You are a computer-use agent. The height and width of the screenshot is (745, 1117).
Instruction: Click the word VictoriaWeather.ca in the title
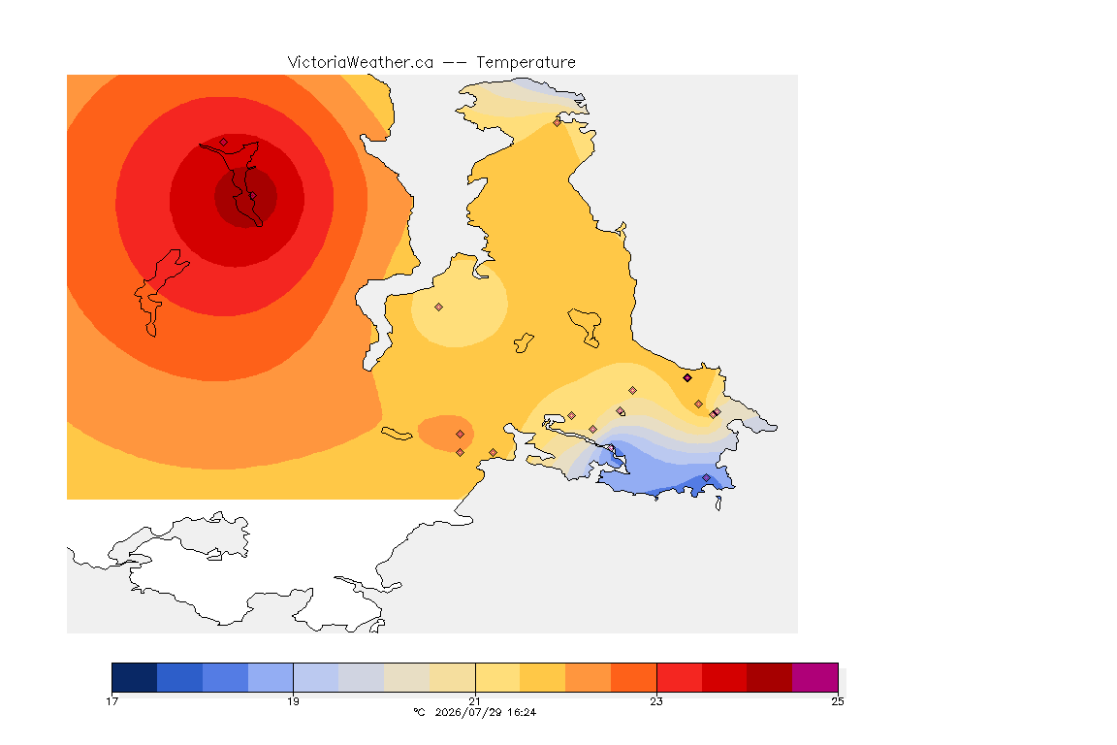pos(361,63)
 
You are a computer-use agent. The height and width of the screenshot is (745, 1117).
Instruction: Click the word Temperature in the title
pos(526,63)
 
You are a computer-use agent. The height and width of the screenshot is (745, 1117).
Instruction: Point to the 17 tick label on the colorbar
pos(112,701)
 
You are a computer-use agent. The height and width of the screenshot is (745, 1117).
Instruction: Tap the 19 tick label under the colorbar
pos(293,701)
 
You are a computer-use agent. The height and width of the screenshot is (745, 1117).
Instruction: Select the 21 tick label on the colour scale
pos(474,701)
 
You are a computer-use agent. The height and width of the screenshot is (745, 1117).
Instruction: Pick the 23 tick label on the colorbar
pos(656,701)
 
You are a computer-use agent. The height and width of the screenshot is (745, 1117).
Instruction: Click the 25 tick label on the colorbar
pos(838,701)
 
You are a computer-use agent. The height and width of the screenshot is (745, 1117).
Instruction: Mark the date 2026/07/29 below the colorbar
pos(465,712)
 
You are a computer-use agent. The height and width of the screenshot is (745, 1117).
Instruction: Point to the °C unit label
pos(420,712)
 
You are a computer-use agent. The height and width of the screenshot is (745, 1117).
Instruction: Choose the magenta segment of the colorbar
pos(814,677)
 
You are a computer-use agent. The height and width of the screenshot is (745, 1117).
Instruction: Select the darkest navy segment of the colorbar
pos(135,677)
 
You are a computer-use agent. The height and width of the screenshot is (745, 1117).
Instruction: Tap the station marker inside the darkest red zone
pos(252,196)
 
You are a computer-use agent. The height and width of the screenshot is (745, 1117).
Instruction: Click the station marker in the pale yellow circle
pos(439,308)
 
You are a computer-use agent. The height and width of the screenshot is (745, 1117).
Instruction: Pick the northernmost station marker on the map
pos(558,122)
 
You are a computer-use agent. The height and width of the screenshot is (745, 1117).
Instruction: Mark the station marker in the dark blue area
pos(706,477)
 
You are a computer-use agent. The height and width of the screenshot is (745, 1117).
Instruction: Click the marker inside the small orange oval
pos(461,435)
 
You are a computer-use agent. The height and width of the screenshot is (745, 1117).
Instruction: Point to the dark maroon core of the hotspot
pos(245,198)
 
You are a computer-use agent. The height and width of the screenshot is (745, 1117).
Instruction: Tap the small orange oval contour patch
pos(446,433)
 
